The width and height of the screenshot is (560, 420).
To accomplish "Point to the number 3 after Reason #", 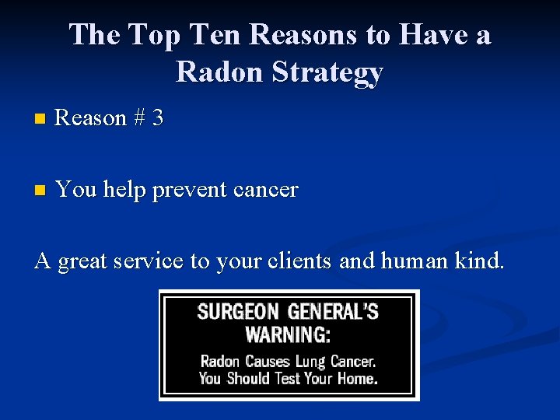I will pyautogui.click(x=158, y=118).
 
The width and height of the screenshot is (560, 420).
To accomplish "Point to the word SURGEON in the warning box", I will pyautogui.click(x=237, y=313).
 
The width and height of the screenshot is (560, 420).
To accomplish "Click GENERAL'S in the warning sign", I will pyautogui.click(x=333, y=313).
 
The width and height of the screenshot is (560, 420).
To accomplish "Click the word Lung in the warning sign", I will pyautogui.click(x=310, y=362).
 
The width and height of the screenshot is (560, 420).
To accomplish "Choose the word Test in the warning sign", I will pyautogui.click(x=291, y=379).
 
